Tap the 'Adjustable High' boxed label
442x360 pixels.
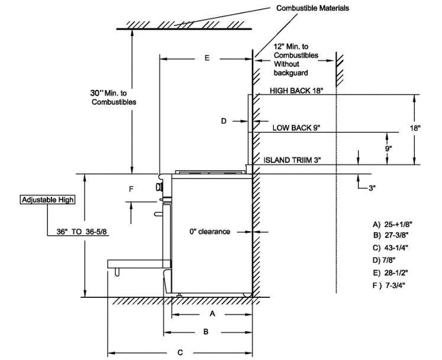(47, 200)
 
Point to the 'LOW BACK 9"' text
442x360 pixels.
(295, 128)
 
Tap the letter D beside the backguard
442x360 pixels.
(224, 121)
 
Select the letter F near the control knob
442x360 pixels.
(132, 189)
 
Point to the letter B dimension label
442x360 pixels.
(205, 332)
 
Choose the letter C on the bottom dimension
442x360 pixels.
(180, 352)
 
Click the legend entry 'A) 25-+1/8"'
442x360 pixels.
(392, 225)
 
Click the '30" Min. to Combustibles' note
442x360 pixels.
(113, 98)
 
